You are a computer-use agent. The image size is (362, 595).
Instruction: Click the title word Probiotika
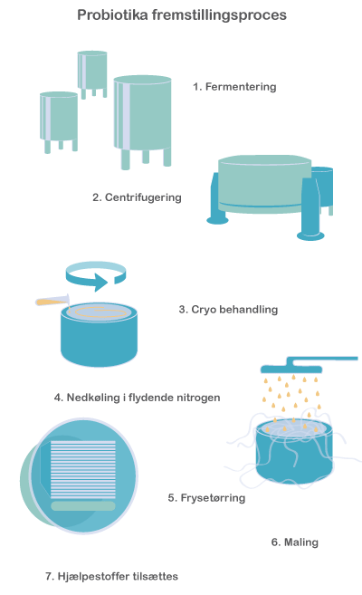112,14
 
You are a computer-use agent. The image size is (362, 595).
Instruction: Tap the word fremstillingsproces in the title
219,15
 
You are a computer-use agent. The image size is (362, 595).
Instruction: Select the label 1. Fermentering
234,87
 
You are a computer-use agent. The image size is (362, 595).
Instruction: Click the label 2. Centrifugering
137,197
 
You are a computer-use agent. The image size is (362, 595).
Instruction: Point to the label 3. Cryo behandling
228,309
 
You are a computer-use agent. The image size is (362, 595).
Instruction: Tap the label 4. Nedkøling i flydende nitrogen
137,398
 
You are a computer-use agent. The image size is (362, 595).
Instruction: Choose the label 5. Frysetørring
206,497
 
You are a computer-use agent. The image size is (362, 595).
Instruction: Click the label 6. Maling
294,542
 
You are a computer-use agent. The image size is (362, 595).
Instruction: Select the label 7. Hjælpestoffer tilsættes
111,576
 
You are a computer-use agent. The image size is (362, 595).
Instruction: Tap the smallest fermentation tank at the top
92,74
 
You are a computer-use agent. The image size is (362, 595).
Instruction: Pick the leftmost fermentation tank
59,121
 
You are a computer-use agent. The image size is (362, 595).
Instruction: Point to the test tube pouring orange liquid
52,302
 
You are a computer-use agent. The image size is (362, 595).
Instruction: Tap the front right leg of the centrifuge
310,208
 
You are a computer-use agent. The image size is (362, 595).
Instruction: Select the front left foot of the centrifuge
217,220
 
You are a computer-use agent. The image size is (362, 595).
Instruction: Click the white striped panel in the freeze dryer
83,469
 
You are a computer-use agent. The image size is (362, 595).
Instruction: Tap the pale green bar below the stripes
83,506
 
